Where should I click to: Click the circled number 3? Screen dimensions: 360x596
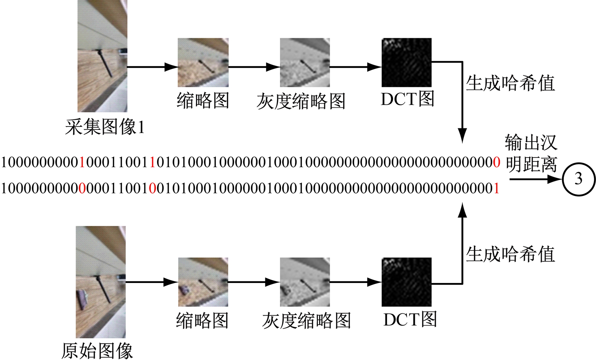[x=579, y=179]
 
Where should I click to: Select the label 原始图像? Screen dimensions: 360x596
[x=97, y=351]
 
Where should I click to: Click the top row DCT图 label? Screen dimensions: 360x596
[x=407, y=99]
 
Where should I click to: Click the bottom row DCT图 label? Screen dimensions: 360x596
[x=410, y=319]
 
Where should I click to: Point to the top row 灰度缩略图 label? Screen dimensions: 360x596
[x=301, y=101]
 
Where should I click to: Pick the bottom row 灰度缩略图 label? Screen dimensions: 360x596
[x=306, y=321]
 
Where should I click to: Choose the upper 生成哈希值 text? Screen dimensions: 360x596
[x=510, y=83]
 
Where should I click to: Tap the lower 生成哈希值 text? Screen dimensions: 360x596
[x=510, y=254]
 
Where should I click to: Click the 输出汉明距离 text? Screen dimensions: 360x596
[x=531, y=153]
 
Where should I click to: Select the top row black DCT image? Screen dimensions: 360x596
[x=406, y=62]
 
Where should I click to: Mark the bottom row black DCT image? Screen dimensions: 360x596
[x=406, y=282]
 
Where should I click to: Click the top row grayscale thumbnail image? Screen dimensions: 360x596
[x=305, y=62]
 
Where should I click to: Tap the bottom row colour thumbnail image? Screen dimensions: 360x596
[x=203, y=282]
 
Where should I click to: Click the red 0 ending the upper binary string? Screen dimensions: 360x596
[x=496, y=162]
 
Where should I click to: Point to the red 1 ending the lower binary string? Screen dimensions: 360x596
[x=496, y=189]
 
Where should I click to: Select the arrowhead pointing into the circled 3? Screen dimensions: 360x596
[x=555, y=179]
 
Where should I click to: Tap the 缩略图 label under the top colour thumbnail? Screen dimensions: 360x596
[x=203, y=101]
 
